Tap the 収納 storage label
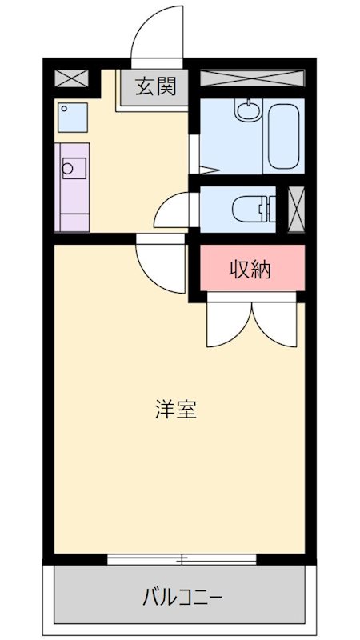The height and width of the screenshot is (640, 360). tap(251, 270)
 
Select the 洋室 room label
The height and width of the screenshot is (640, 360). tap(175, 410)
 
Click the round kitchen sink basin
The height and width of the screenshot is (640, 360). tap(69, 168)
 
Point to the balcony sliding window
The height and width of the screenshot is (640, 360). tap(182, 558)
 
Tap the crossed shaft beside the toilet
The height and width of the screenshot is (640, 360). tap(296, 208)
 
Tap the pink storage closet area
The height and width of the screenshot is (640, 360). tap(251, 270)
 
